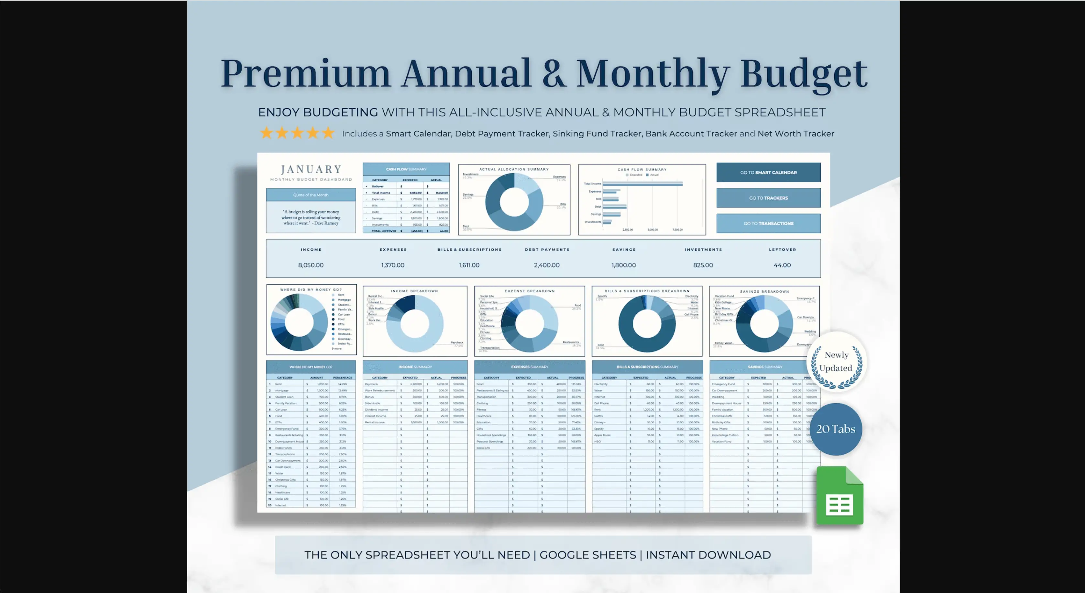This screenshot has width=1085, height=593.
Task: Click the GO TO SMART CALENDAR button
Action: pyautogui.click(x=768, y=173)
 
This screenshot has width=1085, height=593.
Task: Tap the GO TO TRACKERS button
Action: pyautogui.click(x=768, y=198)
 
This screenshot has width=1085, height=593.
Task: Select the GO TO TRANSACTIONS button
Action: pyautogui.click(x=768, y=223)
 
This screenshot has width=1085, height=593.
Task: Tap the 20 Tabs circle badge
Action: pyautogui.click(x=836, y=429)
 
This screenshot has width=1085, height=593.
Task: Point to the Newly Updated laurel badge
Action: pyautogui.click(x=836, y=362)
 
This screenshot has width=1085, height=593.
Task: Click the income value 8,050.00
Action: pyautogui.click(x=311, y=265)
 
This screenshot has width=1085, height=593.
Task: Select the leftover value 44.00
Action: pyautogui.click(x=782, y=265)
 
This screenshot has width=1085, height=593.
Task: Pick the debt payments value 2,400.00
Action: pyautogui.click(x=546, y=265)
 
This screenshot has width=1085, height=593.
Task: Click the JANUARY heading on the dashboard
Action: pyautogui.click(x=311, y=169)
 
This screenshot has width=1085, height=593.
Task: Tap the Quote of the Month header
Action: pyautogui.click(x=311, y=195)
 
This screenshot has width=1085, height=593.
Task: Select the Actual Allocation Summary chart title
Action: pyautogui.click(x=514, y=169)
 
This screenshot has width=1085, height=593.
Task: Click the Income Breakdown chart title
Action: pyautogui.click(x=414, y=291)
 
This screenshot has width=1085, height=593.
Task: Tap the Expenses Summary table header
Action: pyautogui.click(x=530, y=367)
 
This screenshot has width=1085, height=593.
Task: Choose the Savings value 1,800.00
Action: pyautogui.click(x=623, y=265)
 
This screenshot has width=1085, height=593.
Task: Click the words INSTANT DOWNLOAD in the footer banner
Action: pyautogui.click(x=708, y=555)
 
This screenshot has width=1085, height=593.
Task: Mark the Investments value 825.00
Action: pyautogui.click(x=703, y=265)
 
